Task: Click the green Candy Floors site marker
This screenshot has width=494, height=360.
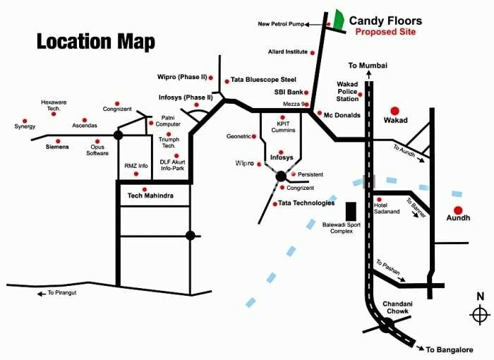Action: [339, 20]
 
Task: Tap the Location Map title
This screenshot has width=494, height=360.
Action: [95, 42]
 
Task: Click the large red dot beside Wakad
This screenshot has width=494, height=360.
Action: [395, 111]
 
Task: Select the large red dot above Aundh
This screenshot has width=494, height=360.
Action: [458, 210]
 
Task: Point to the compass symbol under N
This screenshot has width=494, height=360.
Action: [480, 313]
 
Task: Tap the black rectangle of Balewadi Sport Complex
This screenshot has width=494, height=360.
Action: [350, 211]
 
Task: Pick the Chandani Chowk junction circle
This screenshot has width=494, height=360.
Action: [385, 325]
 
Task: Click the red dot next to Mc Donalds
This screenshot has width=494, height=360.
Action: [319, 113]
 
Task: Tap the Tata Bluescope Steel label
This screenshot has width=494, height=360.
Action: [263, 80]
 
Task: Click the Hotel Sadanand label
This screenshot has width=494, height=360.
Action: [387, 208]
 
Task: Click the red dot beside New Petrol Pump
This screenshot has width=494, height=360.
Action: [329, 24]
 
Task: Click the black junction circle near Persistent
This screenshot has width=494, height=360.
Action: [281, 176]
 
